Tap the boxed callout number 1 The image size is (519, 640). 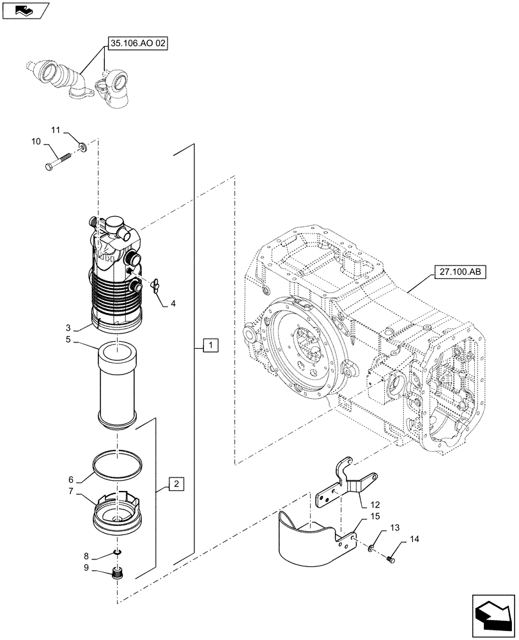211,346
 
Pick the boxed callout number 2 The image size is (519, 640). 176,483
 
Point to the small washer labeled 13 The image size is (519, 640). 371,548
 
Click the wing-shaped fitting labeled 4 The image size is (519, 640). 155,285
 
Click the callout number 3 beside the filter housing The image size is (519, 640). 76,326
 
